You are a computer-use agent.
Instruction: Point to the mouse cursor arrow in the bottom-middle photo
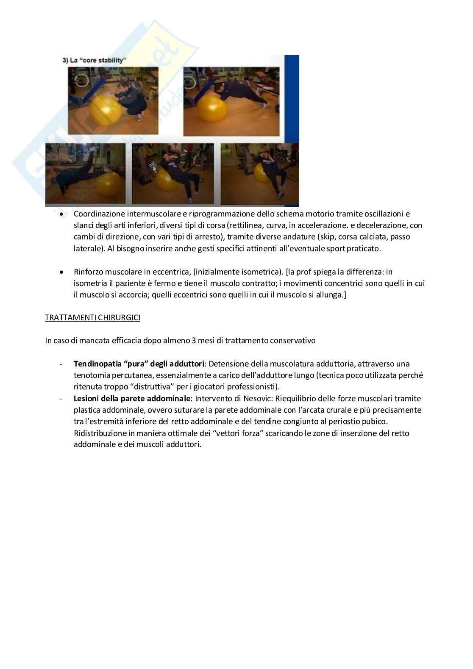point(153,167)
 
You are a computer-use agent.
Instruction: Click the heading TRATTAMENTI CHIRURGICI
point(92,318)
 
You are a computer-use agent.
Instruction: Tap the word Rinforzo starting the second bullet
point(88,272)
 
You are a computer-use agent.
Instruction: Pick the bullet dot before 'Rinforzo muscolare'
point(62,272)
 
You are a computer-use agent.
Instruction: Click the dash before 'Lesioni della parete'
point(62,398)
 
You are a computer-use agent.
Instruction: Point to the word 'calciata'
point(376,237)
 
